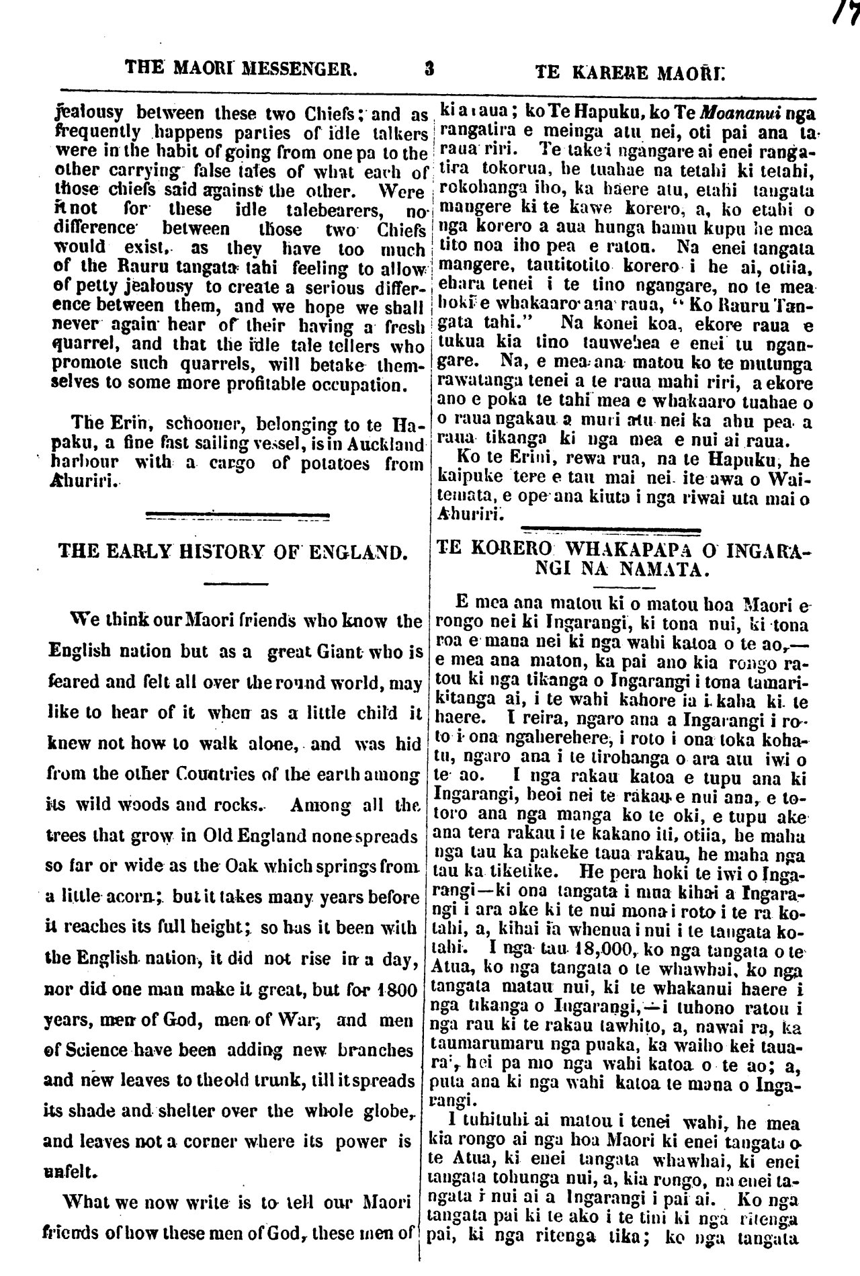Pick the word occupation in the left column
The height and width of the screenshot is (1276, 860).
[356, 385]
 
